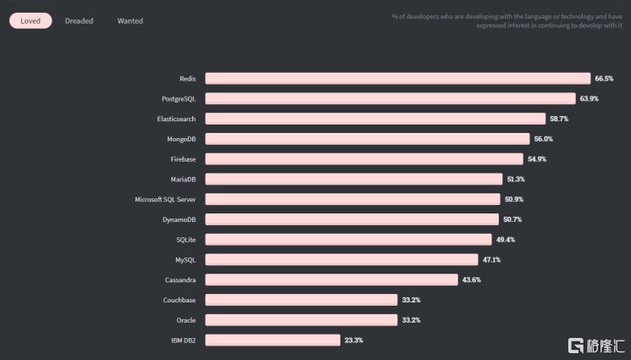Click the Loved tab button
30,20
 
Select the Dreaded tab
79,20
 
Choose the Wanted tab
130,20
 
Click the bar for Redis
397,79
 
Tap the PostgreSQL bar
390,98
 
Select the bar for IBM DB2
272,341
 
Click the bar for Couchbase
301,300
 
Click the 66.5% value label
604,79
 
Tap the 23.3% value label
353,341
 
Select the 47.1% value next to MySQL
492,260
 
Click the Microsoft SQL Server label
165,199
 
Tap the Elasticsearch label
176,119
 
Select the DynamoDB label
179,219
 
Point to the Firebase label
183,159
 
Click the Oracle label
185,320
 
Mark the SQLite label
185,240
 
